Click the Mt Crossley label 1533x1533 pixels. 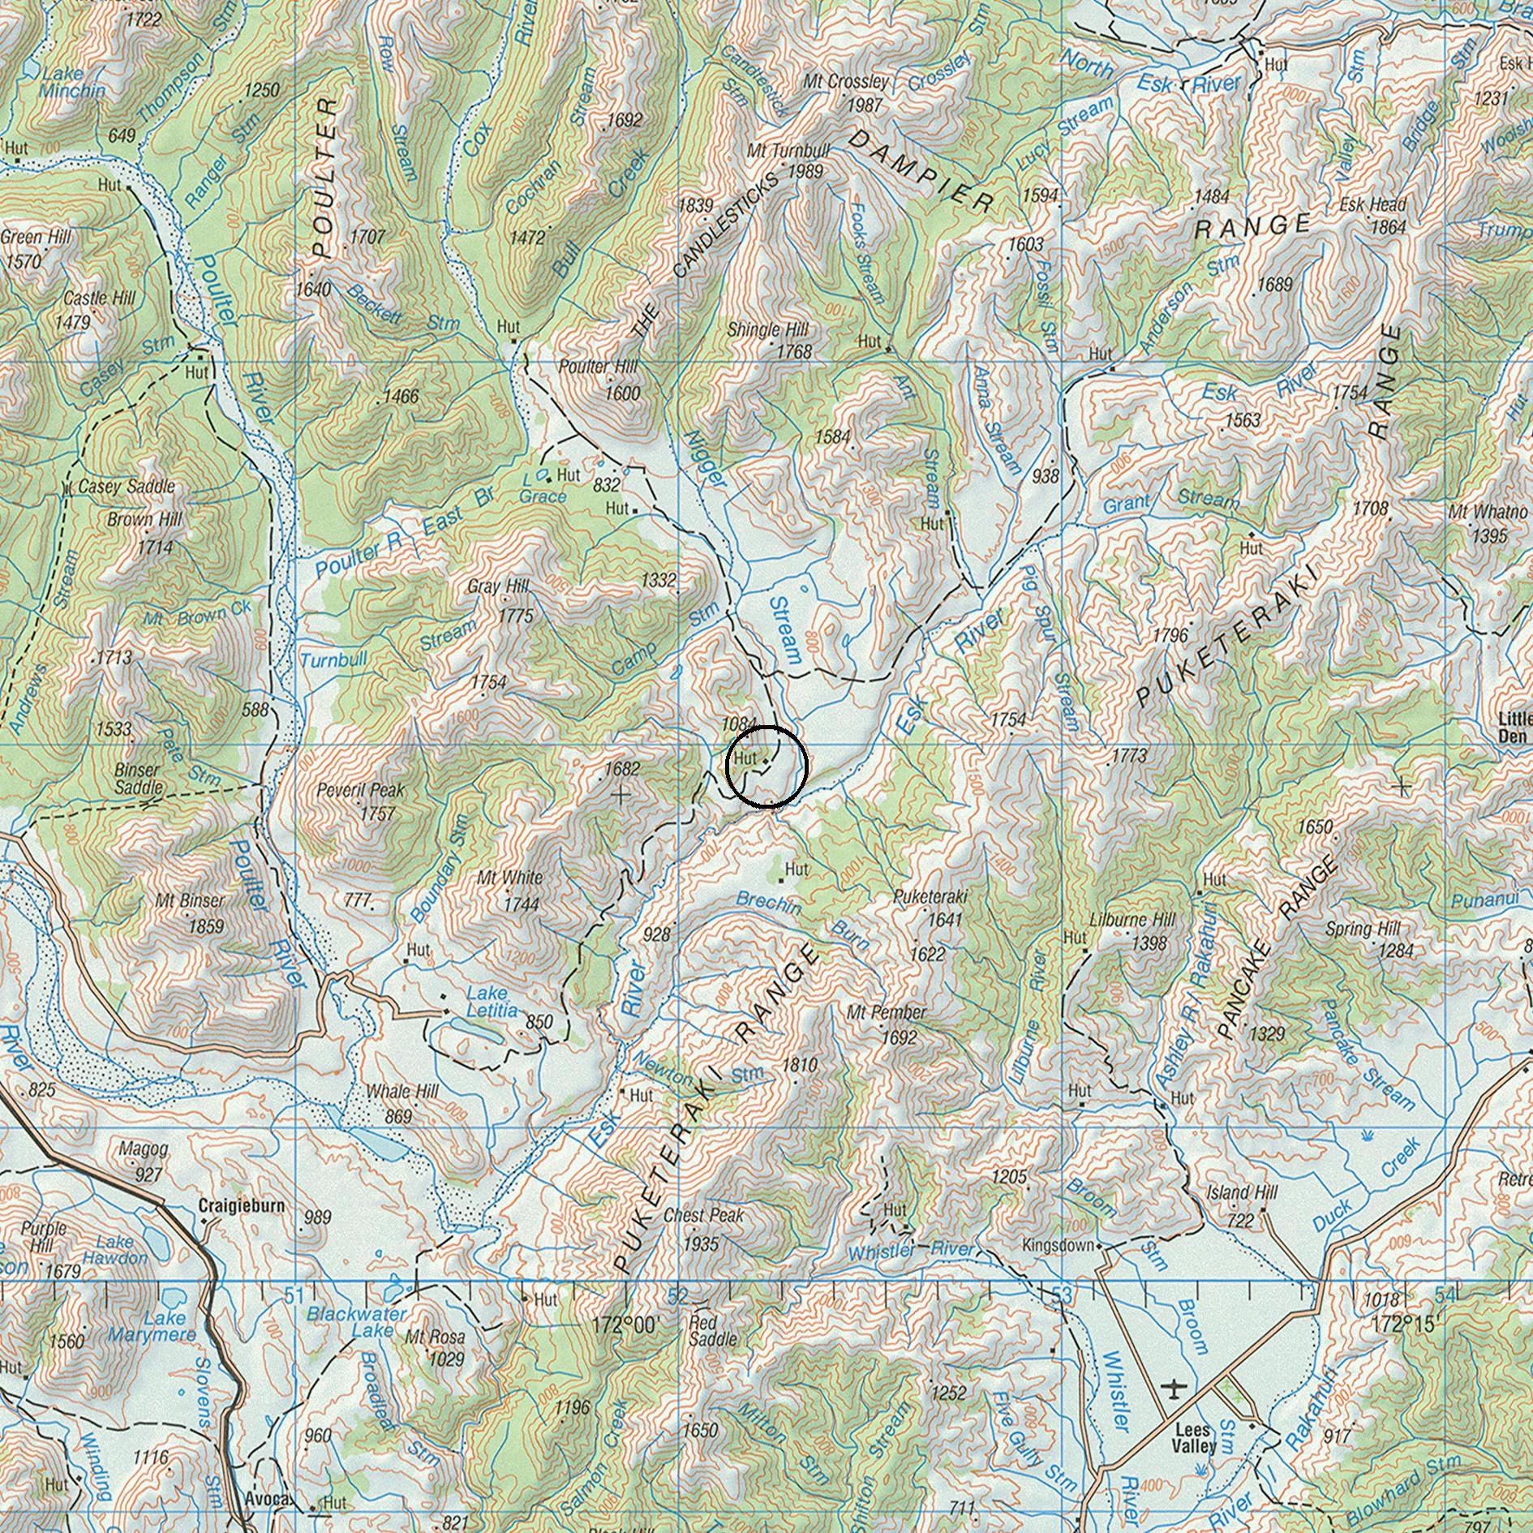tap(846, 82)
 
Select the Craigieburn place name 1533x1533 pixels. tap(242, 1205)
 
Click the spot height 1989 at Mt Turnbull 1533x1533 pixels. tap(805, 172)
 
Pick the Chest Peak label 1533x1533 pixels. tap(703, 1215)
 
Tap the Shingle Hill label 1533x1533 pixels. tap(767, 330)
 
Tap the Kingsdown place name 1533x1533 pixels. tap(1058, 1245)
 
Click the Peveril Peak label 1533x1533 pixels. tap(360, 789)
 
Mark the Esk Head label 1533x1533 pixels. tap(1372, 205)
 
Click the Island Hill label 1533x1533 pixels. tap(1242, 1192)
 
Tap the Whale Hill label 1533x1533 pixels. tap(402, 1091)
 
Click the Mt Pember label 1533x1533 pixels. tap(886, 1012)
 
